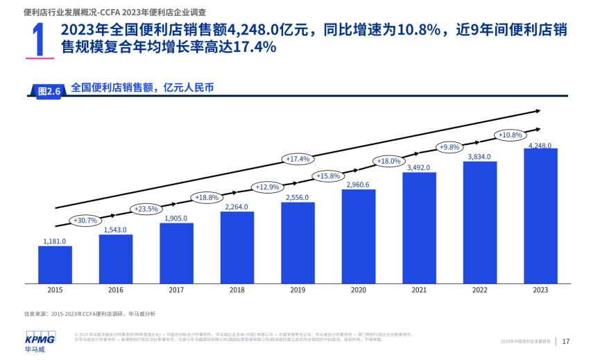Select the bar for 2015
coord(55,264)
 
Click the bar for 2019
coord(298,242)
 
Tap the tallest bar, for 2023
coord(540,216)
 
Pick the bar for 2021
coord(419,228)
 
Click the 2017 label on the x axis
coord(176,290)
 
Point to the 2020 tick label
coord(359,290)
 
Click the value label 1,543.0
coord(115,230)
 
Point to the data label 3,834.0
coord(479,157)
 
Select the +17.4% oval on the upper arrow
coord(298,159)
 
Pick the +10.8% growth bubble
coord(510,135)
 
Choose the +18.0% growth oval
coord(388,161)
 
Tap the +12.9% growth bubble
coord(267,187)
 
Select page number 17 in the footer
coord(566,341)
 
